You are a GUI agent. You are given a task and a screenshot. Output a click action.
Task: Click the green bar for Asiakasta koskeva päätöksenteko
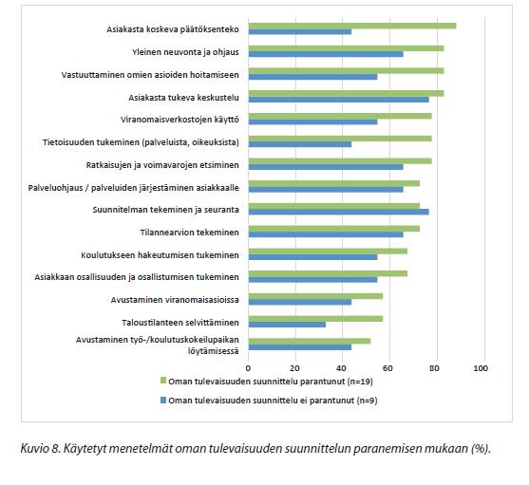pos(352,26)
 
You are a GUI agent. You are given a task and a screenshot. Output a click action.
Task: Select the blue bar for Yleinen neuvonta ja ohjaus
pos(326,54)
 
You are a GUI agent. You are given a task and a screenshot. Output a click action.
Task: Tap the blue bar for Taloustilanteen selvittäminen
pos(287,325)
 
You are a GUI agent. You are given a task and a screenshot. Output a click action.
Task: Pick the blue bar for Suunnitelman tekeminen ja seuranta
pos(339,212)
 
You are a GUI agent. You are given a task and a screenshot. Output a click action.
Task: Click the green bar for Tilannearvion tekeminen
pos(334,229)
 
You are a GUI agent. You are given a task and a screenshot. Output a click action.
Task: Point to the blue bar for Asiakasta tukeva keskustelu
pos(339,100)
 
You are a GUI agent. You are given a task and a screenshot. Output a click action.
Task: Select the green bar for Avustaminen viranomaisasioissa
pos(315,296)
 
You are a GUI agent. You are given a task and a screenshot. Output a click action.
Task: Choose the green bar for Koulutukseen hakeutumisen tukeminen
pos(328,252)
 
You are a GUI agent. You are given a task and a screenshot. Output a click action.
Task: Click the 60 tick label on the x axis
pos(387,368)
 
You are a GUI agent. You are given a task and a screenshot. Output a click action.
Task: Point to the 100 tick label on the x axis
pos(481,368)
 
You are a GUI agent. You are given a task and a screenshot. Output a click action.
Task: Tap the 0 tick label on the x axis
pos(248,368)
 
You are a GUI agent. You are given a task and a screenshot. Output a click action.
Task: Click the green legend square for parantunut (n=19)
pos(163,381)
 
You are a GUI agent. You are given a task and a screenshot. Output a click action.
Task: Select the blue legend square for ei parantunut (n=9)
pos(163,401)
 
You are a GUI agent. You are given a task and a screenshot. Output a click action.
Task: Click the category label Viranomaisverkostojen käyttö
pos(179,120)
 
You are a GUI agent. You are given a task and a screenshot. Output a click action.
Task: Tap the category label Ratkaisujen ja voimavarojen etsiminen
pos(162,165)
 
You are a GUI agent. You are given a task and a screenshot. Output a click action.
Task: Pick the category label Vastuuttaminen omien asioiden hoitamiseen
pos(150,75)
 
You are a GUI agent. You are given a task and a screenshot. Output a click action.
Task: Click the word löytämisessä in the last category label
pos(214,351)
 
